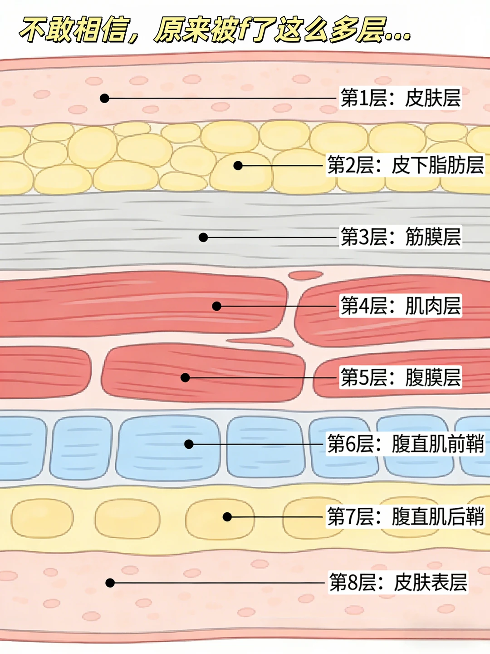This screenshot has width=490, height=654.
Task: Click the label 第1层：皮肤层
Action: coord(401,98)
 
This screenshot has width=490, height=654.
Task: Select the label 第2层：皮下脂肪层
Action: coord(405,165)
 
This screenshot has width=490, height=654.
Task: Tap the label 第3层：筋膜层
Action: coord(401,237)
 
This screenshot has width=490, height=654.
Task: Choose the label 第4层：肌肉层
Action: coord(401,306)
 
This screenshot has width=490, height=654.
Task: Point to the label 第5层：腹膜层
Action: coord(401,377)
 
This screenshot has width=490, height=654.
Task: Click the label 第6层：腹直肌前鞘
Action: coord(405,444)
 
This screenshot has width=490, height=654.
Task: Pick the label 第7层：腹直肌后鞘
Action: coord(405,517)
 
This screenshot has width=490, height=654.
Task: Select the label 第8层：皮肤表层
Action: coord(398,583)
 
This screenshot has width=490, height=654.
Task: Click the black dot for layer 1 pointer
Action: coord(104,98)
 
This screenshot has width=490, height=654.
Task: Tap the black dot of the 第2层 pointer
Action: coord(238,165)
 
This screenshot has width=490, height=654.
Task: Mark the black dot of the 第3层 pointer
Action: coord(203,238)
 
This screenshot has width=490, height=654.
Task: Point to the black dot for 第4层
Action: coord(216,306)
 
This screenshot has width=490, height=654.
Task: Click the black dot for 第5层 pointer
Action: coord(185,377)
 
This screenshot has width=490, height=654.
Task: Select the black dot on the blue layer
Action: coord(189,444)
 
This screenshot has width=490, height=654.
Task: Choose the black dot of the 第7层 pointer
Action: coord(227,517)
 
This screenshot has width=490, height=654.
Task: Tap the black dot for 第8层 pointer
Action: coord(110,583)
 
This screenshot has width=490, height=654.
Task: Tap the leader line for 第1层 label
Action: coord(222,98)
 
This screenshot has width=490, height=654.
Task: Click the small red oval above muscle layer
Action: coord(305,275)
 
